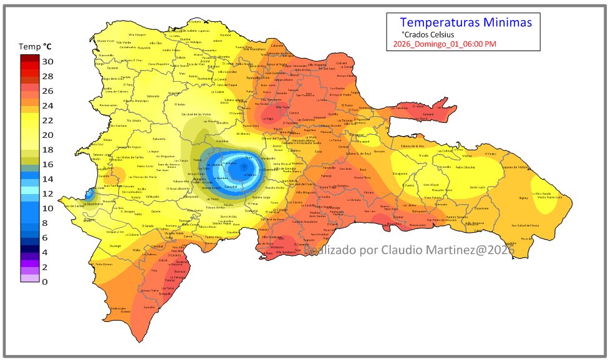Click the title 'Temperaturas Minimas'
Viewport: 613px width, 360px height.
pos(465,23)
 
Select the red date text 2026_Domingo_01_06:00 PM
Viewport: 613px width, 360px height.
pos(445,44)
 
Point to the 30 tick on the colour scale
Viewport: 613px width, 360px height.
pos(47,61)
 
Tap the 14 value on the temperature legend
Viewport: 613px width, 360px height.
pos(47,179)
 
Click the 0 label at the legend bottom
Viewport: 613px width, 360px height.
pos(45,281)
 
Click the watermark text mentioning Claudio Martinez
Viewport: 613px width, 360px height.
pos(408,250)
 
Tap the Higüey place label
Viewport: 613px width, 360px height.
pos(523,197)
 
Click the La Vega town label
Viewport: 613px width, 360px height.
pos(267,119)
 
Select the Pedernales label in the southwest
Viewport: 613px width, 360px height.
pos(118,309)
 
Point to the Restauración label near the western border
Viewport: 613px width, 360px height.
pos(108,105)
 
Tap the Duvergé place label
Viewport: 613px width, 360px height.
pos(115,246)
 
